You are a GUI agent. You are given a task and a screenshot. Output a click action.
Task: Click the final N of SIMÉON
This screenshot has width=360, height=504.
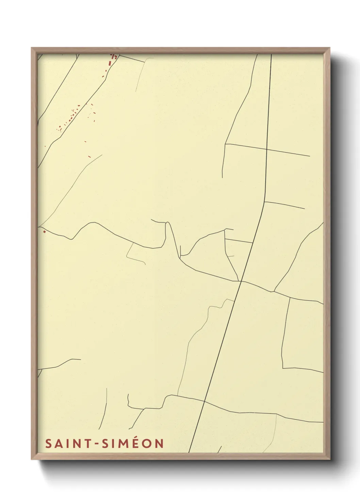(x=159, y=444)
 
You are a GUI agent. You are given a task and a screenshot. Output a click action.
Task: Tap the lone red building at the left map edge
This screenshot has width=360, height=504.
(x=44, y=232)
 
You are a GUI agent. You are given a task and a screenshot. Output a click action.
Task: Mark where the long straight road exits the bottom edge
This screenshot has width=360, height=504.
(x=189, y=452)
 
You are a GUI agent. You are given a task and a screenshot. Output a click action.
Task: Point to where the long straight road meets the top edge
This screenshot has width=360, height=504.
(x=271, y=55)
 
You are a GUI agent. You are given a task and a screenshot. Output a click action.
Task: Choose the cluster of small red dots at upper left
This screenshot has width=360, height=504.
(x=70, y=117)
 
